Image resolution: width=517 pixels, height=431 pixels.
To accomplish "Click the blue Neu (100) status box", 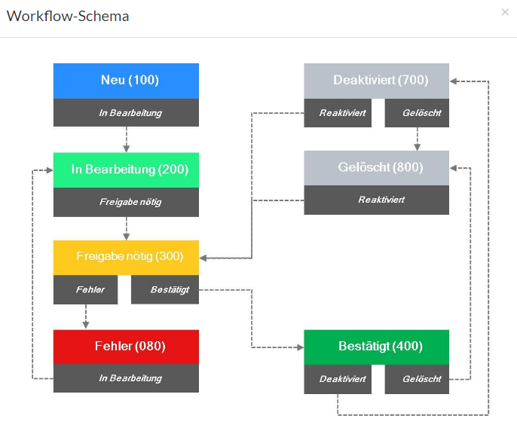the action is coord(126,81).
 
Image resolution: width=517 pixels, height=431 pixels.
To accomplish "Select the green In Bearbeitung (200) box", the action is coord(126,170).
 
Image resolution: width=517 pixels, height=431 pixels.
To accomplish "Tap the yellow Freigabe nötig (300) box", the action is coord(126,258).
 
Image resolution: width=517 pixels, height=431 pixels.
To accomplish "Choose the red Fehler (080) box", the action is coord(126,347).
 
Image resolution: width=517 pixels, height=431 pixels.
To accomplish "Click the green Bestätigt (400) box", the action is coord(377,347).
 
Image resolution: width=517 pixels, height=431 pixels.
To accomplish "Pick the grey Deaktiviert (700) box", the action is coord(377,81).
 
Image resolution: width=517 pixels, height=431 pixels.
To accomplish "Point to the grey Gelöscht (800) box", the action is coord(377,168).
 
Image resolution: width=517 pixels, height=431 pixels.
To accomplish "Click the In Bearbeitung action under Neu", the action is coord(126,112).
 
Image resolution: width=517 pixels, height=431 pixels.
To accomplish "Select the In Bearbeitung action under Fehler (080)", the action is coord(126,378).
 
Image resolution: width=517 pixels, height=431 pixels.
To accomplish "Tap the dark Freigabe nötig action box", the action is coord(126,202).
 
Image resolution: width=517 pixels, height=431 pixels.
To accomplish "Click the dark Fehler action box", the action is coord(85,289).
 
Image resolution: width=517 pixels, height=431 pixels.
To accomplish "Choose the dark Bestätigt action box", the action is coord(165,289).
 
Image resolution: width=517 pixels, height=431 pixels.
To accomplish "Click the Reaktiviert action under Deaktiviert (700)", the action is coord(338,113).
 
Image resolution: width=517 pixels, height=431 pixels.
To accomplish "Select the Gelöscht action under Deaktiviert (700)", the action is coord(417,113).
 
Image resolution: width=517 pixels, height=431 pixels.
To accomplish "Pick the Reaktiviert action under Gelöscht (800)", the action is coord(377,200).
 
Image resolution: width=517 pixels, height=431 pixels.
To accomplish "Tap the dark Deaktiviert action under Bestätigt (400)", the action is coord(338,379).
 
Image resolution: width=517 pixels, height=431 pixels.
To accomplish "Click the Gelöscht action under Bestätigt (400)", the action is coord(417,379).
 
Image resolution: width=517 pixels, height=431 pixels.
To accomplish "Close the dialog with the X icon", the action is coord(505,12).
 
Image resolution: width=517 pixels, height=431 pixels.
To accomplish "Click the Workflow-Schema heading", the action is coord(68,16).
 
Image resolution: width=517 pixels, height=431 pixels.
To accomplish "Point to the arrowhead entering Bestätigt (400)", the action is coord(300,347).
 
